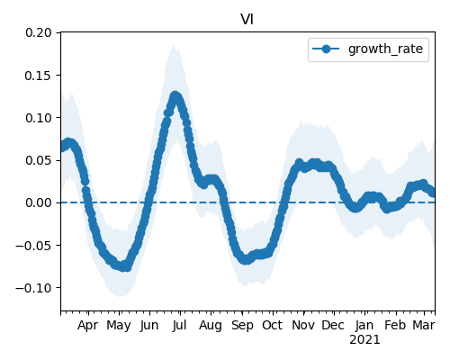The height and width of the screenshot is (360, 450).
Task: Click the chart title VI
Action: tap(247, 20)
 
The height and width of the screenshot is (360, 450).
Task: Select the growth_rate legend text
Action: tap(385, 49)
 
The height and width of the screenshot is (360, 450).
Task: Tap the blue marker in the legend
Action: tap(326, 49)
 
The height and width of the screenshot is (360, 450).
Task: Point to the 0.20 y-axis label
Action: tap(39, 32)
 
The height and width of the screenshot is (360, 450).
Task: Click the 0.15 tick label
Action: tap(39, 75)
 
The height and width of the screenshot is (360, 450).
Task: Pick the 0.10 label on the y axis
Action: tap(39, 118)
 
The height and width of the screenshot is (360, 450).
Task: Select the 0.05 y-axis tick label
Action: tap(39, 160)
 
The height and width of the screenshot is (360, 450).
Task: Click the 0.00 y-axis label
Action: tap(39, 202)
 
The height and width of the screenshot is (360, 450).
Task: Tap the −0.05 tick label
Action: tap(34, 246)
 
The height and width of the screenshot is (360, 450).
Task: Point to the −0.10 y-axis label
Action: tap(34, 288)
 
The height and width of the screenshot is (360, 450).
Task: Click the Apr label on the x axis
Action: tap(88, 326)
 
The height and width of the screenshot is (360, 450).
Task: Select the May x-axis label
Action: tap(119, 326)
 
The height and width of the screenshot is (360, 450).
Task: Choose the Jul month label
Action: tap(180, 325)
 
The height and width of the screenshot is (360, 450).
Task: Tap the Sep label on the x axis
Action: tap(242, 326)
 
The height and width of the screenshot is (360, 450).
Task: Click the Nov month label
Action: tap(303, 325)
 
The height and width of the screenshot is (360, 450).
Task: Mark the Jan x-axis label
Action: tap(364, 325)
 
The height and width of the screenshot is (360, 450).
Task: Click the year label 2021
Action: tap(364, 340)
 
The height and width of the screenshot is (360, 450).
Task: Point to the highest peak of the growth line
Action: tap(175, 96)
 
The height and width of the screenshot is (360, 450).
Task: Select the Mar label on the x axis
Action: tap(424, 325)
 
